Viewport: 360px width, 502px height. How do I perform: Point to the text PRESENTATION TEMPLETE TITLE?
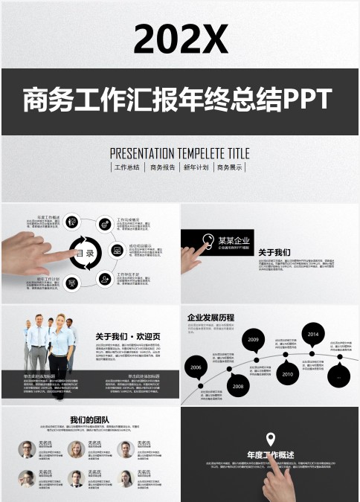tap(180, 153)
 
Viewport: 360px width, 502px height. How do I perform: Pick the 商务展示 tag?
tap(229, 167)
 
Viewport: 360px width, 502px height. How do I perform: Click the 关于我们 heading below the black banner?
tap(274, 253)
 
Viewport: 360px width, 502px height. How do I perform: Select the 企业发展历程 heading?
tap(210, 318)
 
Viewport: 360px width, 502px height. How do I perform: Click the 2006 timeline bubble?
tap(196, 367)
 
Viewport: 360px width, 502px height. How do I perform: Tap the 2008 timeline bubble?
tap(237, 386)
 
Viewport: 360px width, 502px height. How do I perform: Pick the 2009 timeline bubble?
tap(254, 339)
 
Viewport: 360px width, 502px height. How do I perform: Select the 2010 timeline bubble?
tap(288, 374)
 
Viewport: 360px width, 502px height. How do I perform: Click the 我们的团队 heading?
tap(89, 420)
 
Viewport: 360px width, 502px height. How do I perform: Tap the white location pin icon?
tap(270, 439)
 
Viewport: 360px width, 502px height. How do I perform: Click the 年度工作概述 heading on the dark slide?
tap(270, 454)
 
